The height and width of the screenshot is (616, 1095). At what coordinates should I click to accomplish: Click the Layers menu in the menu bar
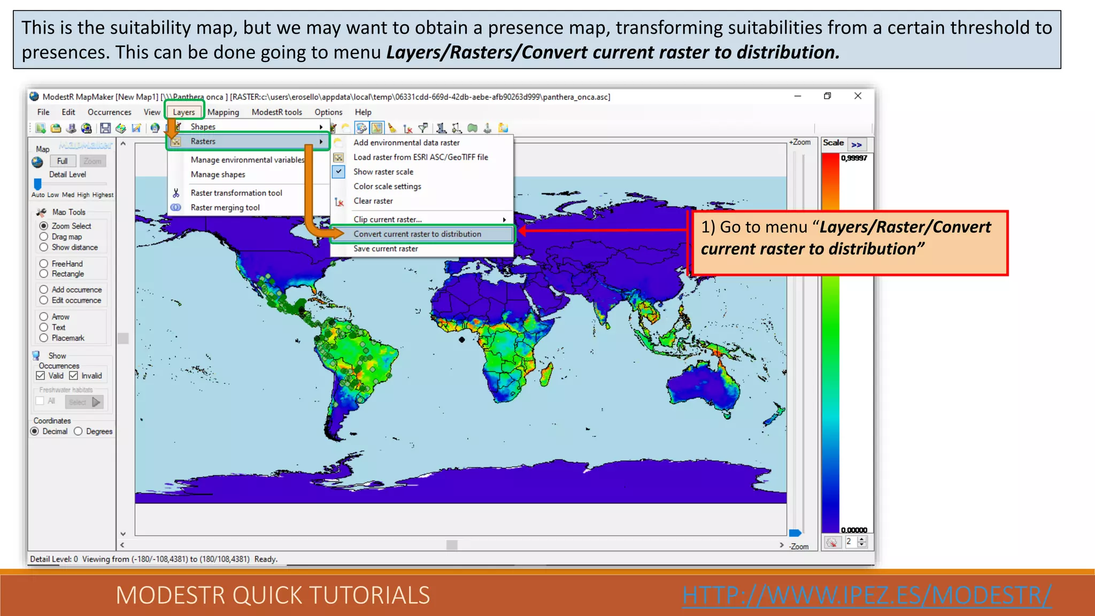click(x=183, y=112)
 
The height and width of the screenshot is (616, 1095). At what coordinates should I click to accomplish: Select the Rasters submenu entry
click(x=203, y=142)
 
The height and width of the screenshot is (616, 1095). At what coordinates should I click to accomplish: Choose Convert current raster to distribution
click(x=417, y=234)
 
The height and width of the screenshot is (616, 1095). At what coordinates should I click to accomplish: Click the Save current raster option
click(x=385, y=249)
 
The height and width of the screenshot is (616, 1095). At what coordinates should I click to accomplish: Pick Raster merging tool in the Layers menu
click(x=225, y=207)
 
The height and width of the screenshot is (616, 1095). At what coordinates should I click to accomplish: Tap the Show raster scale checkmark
click(x=339, y=172)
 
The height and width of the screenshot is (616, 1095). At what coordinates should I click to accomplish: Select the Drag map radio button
click(x=44, y=237)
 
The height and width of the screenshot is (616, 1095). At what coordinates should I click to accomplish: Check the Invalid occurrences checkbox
click(x=74, y=376)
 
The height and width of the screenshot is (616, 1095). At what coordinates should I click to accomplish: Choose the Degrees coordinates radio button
click(x=79, y=432)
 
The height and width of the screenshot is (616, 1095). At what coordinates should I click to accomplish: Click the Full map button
click(x=62, y=161)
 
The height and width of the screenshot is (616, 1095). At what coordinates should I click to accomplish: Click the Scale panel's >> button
click(x=857, y=144)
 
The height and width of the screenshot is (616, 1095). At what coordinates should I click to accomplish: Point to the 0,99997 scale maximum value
click(x=854, y=158)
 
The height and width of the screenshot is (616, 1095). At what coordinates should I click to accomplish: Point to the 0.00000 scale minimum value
click(x=854, y=530)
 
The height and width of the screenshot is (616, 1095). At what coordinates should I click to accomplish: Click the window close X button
click(x=858, y=96)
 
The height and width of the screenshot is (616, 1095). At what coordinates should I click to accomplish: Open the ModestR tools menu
click(x=276, y=112)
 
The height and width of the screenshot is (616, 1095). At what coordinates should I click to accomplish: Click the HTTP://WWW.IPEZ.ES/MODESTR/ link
click(x=867, y=595)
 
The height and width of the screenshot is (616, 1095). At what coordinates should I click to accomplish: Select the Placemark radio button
click(x=44, y=338)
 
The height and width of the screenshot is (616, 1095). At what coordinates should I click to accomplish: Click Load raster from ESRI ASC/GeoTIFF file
click(x=420, y=157)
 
